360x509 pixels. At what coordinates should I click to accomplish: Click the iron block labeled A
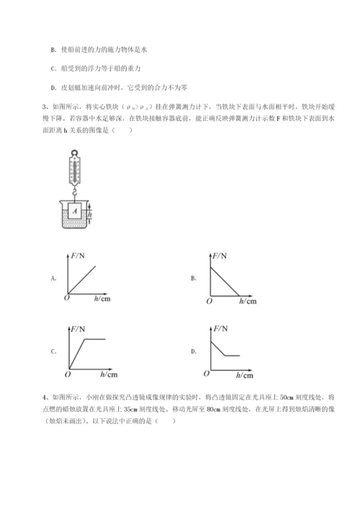[76, 211]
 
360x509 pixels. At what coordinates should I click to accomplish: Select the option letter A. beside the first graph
[53, 276]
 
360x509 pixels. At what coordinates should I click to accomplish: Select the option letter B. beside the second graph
[194, 276]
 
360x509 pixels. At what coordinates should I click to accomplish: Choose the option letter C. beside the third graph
[53, 351]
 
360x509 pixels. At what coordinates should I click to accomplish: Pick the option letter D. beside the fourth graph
[194, 351]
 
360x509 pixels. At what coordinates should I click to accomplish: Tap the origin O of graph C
[66, 374]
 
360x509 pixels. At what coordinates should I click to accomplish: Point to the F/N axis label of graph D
[219, 330]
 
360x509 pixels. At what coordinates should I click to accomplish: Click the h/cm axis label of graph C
[109, 375]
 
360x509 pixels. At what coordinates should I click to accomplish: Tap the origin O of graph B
[208, 300]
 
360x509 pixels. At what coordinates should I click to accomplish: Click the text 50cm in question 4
[285, 396]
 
